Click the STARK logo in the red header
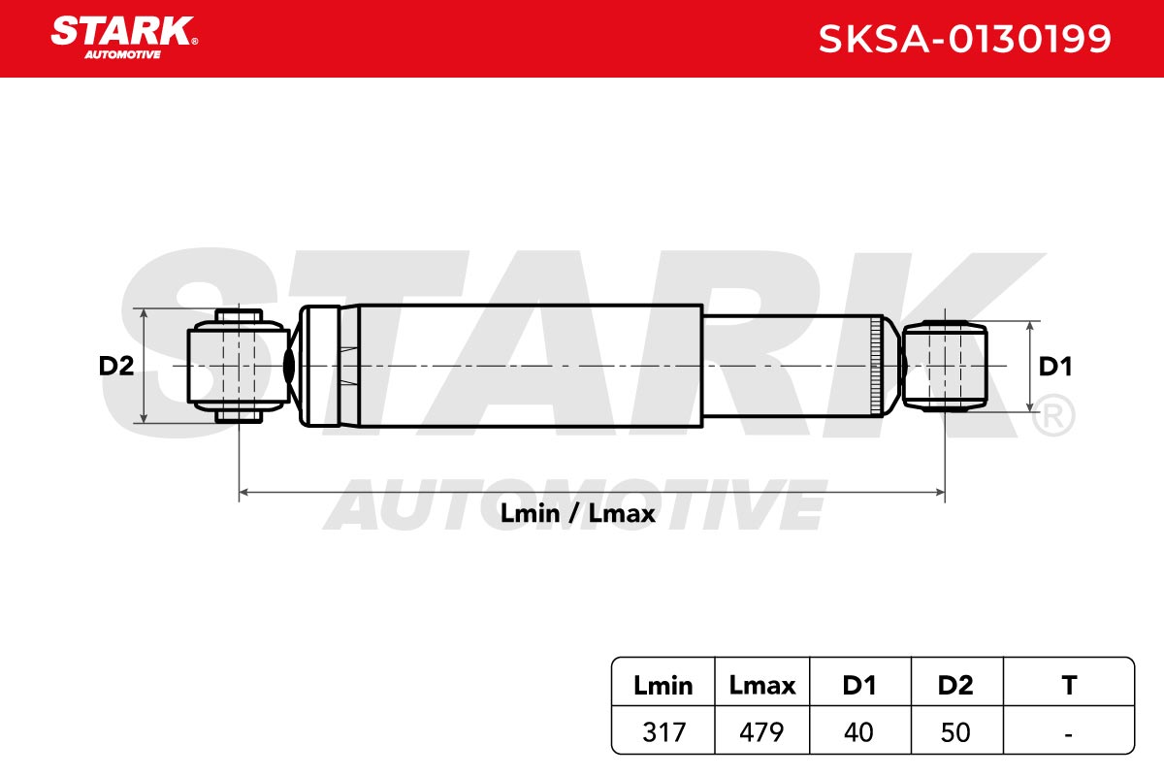point(124,38)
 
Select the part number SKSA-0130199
point(964,39)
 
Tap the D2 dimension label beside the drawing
point(115,366)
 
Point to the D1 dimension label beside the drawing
point(1055,367)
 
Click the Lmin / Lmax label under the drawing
point(577,514)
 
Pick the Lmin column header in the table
point(663,686)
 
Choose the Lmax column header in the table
point(761,686)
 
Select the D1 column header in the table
point(859,686)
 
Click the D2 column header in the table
point(955,686)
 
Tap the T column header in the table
point(1069,686)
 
